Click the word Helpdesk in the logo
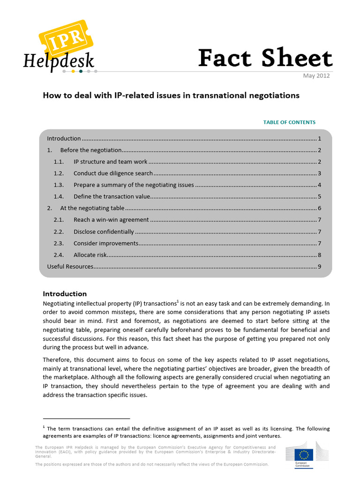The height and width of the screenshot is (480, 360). (x=59, y=61)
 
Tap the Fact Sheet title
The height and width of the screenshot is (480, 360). (x=265, y=59)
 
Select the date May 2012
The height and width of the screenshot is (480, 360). (x=316, y=75)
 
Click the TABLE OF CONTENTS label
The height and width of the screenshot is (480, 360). (x=289, y=122)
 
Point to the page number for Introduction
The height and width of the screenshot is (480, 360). (x=319, y=139)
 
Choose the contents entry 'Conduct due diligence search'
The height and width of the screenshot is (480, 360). (x=113, y=173)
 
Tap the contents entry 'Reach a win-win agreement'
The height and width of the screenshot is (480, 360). (x=111, y=219)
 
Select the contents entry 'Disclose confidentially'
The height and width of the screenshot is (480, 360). (x=104, y=232)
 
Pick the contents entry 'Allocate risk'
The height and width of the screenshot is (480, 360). (x=90, y=255)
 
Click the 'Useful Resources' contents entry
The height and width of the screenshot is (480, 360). (x=70, y=267)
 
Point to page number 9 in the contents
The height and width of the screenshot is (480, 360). (x=319, y=267)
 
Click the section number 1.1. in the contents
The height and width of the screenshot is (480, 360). (x=59, y=162)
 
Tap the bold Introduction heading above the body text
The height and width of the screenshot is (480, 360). (x=65, y=294)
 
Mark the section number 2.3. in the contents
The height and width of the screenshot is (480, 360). (x=59, y=243)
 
